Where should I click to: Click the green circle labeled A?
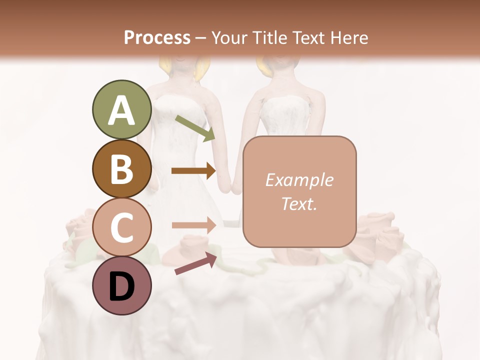(121, 109)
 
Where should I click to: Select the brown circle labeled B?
(121, 169)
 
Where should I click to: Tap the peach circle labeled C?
(121, 227)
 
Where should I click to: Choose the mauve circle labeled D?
(121, 285)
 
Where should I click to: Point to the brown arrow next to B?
(193, 171)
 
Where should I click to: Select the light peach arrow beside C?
(193, 225)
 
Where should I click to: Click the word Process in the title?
(157, 38)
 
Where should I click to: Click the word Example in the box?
(299, 180)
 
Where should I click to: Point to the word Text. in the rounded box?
(299, 203)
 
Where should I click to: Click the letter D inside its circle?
(121, 286)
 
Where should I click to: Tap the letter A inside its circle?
(121, 110)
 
